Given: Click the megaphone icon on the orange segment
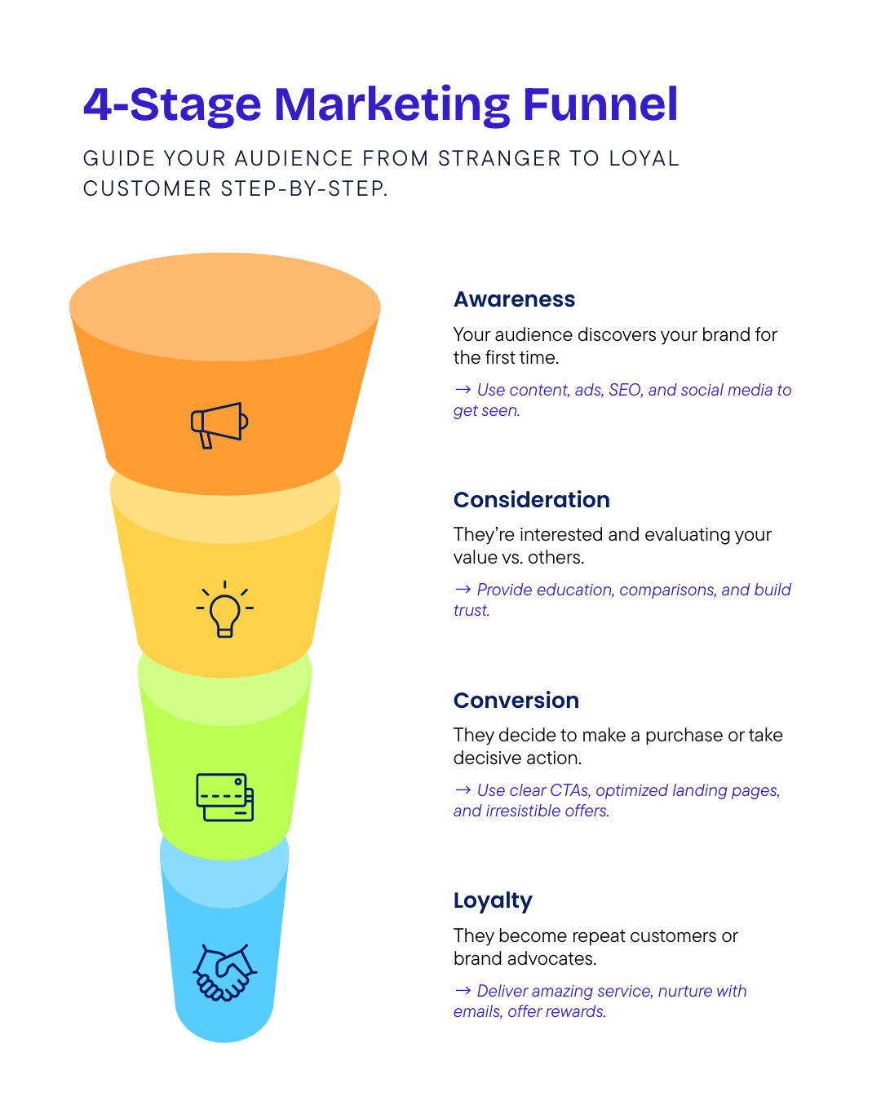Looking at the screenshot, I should (x=219, y=424).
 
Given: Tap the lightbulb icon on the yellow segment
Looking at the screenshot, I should (x=224, y=610).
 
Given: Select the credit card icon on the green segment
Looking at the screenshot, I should (x=224, y=797).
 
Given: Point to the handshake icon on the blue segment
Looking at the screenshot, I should (x=224, y=972).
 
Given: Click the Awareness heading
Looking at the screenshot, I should (x=514, y=299).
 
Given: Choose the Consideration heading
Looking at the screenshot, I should (x=531, y=500).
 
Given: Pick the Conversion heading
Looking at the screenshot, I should (x=516, y=701).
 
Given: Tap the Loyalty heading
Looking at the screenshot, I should (x=493, y=901).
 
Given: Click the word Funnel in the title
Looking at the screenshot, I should (x=600, y=105).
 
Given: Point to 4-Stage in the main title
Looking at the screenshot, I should (x=172, y=105).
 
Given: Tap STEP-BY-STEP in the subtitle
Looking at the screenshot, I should (x=303, y=188).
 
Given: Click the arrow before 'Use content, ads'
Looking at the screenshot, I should (x=463, y=390).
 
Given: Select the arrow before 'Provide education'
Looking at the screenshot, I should (x=463, y=589).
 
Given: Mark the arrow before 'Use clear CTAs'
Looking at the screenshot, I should (x=463, y=789).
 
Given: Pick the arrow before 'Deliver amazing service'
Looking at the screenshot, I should (x=463, y=990).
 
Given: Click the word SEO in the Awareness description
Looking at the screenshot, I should (x=625, y=390).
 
